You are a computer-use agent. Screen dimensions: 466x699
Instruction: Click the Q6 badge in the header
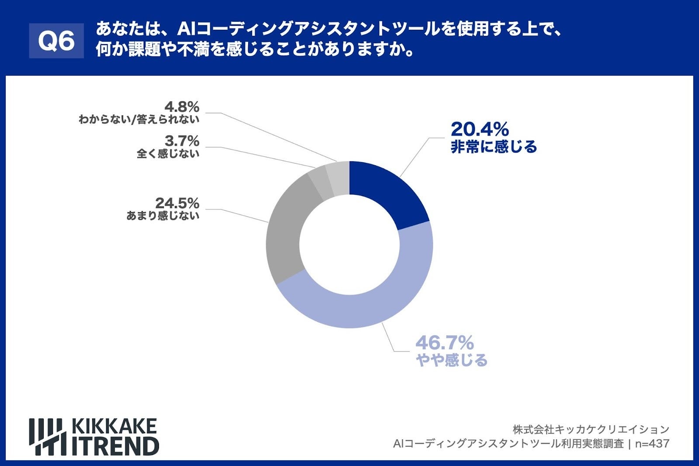tap(56, 41)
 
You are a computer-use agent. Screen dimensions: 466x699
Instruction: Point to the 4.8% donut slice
tap(339, 177)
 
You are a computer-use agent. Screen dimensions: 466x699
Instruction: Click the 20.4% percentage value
tap(479, 129)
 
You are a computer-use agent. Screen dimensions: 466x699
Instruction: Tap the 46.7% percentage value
tap(444, 343)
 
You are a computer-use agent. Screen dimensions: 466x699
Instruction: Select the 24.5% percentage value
tap(177, 203)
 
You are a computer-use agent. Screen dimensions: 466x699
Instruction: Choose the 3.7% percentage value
tap(182, 141)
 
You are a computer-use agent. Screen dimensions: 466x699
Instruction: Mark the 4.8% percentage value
tap(182, 107)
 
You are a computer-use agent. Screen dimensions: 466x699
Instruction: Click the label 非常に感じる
tap(494, 147)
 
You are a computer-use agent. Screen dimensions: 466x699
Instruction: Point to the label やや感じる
tap(451, 361)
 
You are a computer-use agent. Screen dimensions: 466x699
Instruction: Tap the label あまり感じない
tap(163, 216)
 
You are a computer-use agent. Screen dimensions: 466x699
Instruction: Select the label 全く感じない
tap(168, 153)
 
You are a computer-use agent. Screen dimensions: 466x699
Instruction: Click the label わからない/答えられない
tap(138, 119)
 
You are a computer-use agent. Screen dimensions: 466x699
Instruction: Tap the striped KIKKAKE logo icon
tap(48, 437)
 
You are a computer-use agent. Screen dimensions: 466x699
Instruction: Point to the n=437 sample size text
tap(652, 444)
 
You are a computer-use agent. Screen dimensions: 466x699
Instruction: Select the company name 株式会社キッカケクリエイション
tap(591, 429)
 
